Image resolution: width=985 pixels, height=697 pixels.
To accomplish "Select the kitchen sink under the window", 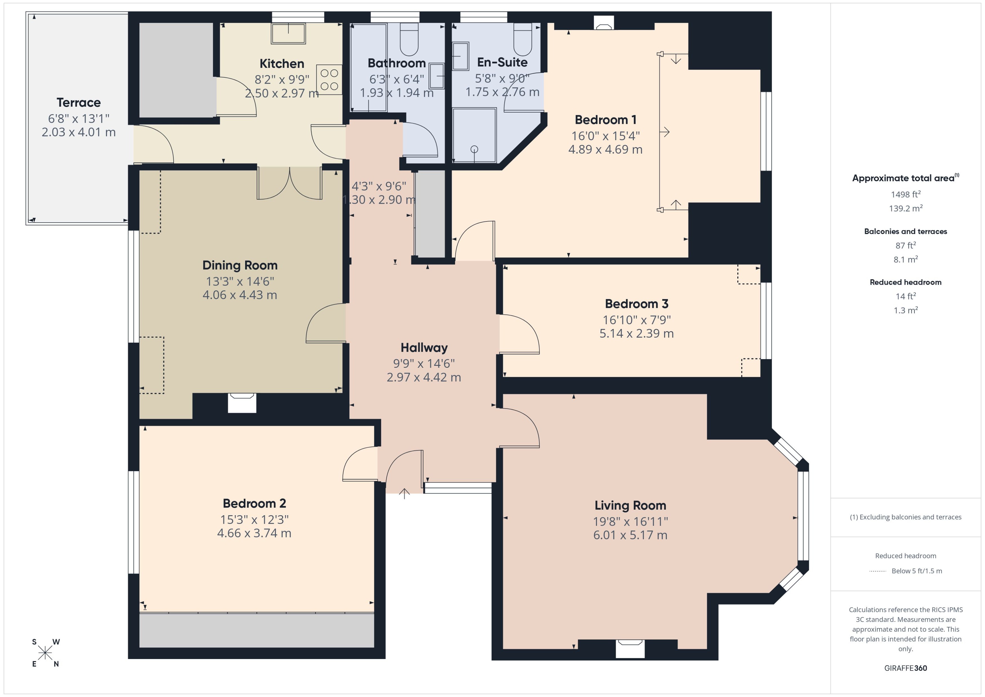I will pyautogui.click(x=288, y=33).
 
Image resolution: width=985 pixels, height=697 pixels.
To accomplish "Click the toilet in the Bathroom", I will pyautogui.click(x=409, y=39).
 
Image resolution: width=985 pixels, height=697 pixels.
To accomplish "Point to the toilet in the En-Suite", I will pyautogui.click(x=522, y=39).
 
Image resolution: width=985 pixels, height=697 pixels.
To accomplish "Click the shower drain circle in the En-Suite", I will pyautogui.click(x=474, y=149).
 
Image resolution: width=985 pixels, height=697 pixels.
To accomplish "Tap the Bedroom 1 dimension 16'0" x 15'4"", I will pyautogui.click(x=605, y=136).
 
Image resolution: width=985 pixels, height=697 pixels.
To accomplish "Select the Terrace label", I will pyautogui.click(x=79, y=103).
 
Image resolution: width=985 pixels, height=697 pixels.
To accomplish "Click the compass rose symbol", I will pyautogui.click(x=45, y=653).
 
